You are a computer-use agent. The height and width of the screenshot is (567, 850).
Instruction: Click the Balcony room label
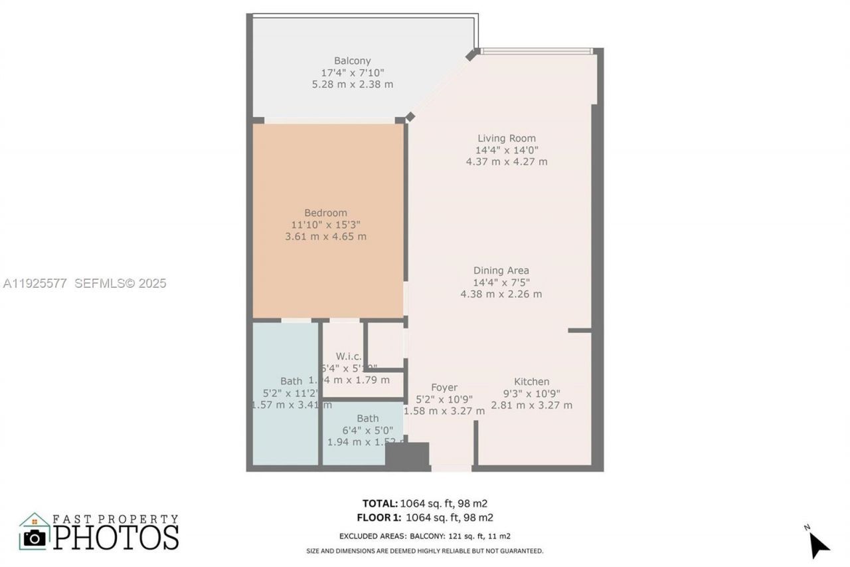pyautogui.click(x=352, y=60)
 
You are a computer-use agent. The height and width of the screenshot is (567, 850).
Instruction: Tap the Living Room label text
pyautogui.click(x=506, y=138)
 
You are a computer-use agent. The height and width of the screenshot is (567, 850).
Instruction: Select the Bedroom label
pyautogui.click(x=325, y=213)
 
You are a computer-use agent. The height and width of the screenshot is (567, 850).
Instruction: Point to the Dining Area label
pyautogui.click(x=501, y=271)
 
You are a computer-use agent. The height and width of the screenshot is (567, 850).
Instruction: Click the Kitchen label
pyautogui.click(x=531, y=382)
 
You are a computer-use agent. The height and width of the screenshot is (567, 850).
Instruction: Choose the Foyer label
pyautogui.click(x=444, y=388)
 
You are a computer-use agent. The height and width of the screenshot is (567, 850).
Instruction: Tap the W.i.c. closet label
pyautogui.click(x=348, y=356)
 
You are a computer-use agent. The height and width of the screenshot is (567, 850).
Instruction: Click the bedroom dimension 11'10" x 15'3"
pyautogui.click(x=325, y=225)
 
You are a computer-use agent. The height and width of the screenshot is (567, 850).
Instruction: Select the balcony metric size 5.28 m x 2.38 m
pyautogui.click(x=352, y=84)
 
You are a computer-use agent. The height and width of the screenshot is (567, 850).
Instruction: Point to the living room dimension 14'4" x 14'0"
pyautogui.click(x=506, y=150)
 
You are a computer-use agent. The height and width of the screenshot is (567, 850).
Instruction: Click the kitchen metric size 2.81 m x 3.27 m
pyautogui.click(x=531, y=405)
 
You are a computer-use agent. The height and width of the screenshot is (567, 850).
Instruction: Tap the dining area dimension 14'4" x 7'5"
pyautogui.click(x=501, y=283)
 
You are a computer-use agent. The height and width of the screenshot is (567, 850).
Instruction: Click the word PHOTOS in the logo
pyautogui.click(x=116, y=537)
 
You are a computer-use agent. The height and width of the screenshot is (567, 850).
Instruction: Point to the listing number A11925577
pyautogui.click(x=35, y=284)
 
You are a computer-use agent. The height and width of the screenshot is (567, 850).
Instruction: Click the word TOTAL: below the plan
pyautogui.click(x=380, y=503)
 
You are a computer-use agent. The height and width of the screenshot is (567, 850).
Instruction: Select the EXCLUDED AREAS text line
pyautogui.click(x=425, y=536)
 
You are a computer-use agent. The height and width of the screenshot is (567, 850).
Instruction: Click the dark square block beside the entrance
pyautogui.click(x=408, y=457)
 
